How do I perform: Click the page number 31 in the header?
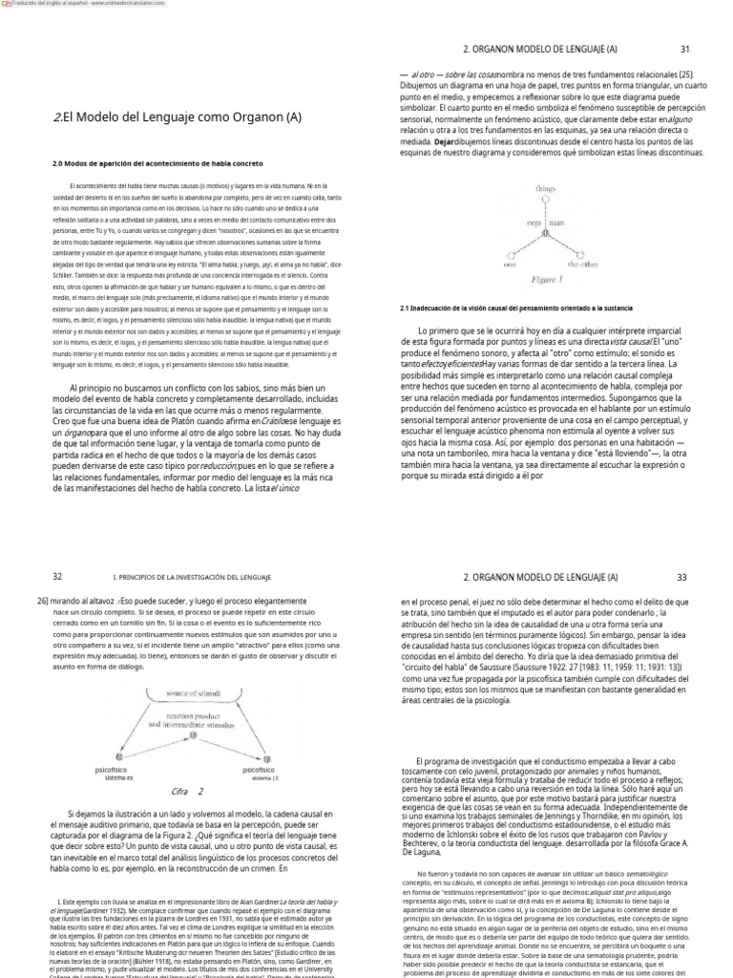684,49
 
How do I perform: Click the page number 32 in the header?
57,577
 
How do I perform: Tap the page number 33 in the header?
681,577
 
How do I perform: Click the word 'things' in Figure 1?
545,189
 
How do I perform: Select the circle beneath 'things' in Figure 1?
545,202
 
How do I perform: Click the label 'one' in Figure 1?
510,265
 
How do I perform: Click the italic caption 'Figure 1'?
545,280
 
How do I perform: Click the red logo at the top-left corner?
8,5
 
